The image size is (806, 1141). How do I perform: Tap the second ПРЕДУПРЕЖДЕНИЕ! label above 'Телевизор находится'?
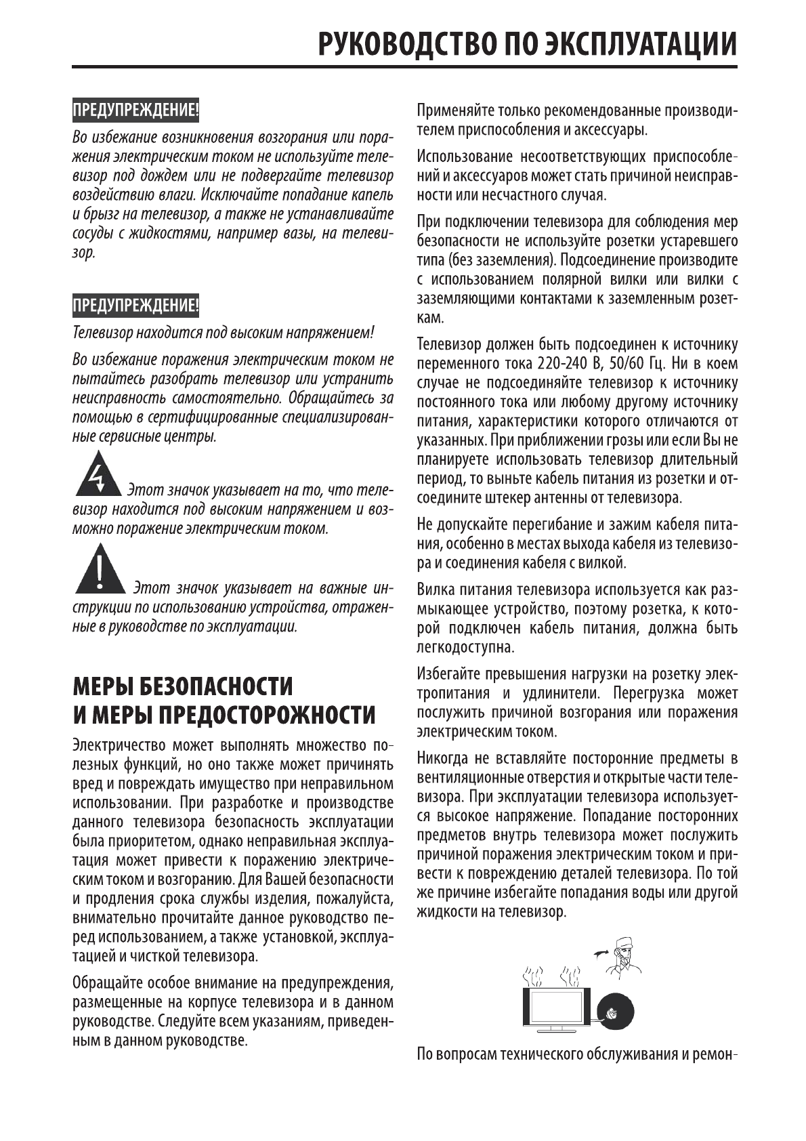(135, 306)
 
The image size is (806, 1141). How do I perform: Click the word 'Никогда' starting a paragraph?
(442, 758)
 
